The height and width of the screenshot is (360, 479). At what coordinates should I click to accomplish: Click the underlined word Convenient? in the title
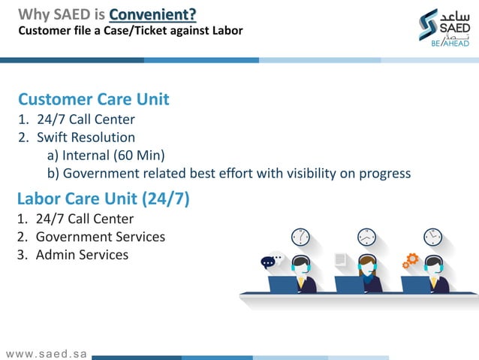153,14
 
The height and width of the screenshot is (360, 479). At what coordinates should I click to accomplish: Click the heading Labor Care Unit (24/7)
103,198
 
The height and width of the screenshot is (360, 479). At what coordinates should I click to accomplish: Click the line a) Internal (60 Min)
106,156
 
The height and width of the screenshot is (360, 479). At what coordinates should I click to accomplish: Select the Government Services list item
100,237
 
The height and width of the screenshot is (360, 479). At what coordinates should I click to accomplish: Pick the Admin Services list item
82,255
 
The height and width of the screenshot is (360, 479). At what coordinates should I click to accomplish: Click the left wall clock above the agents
300,237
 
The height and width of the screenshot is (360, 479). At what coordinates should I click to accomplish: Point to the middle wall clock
366,237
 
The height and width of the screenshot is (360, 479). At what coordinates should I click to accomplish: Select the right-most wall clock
432,237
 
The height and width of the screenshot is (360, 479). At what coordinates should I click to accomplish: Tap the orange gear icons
411,261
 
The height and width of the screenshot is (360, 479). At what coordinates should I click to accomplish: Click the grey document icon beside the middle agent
340,259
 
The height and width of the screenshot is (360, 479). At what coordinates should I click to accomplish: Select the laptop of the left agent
284,285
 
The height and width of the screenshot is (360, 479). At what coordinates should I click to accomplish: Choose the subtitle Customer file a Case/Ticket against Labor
131,31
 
